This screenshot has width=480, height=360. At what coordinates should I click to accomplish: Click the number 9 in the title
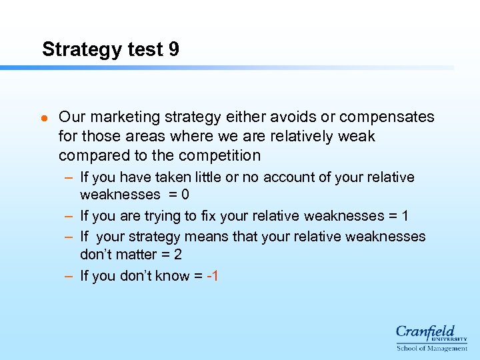(x=173, y=49)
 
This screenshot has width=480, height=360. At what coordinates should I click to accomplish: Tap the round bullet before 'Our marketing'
(x=44, y=118)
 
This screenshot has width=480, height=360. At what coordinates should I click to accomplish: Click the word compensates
(x=387, y=117)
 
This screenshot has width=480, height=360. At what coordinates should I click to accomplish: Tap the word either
(x=245, y=117)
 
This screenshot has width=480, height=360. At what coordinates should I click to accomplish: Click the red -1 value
(x=213, y=275)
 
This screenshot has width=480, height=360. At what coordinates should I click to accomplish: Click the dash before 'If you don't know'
(x=69, y=275)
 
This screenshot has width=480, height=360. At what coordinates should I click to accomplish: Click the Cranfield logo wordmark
(x=425, y=331)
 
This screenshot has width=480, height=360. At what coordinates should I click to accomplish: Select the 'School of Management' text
(x=431, y=348)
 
